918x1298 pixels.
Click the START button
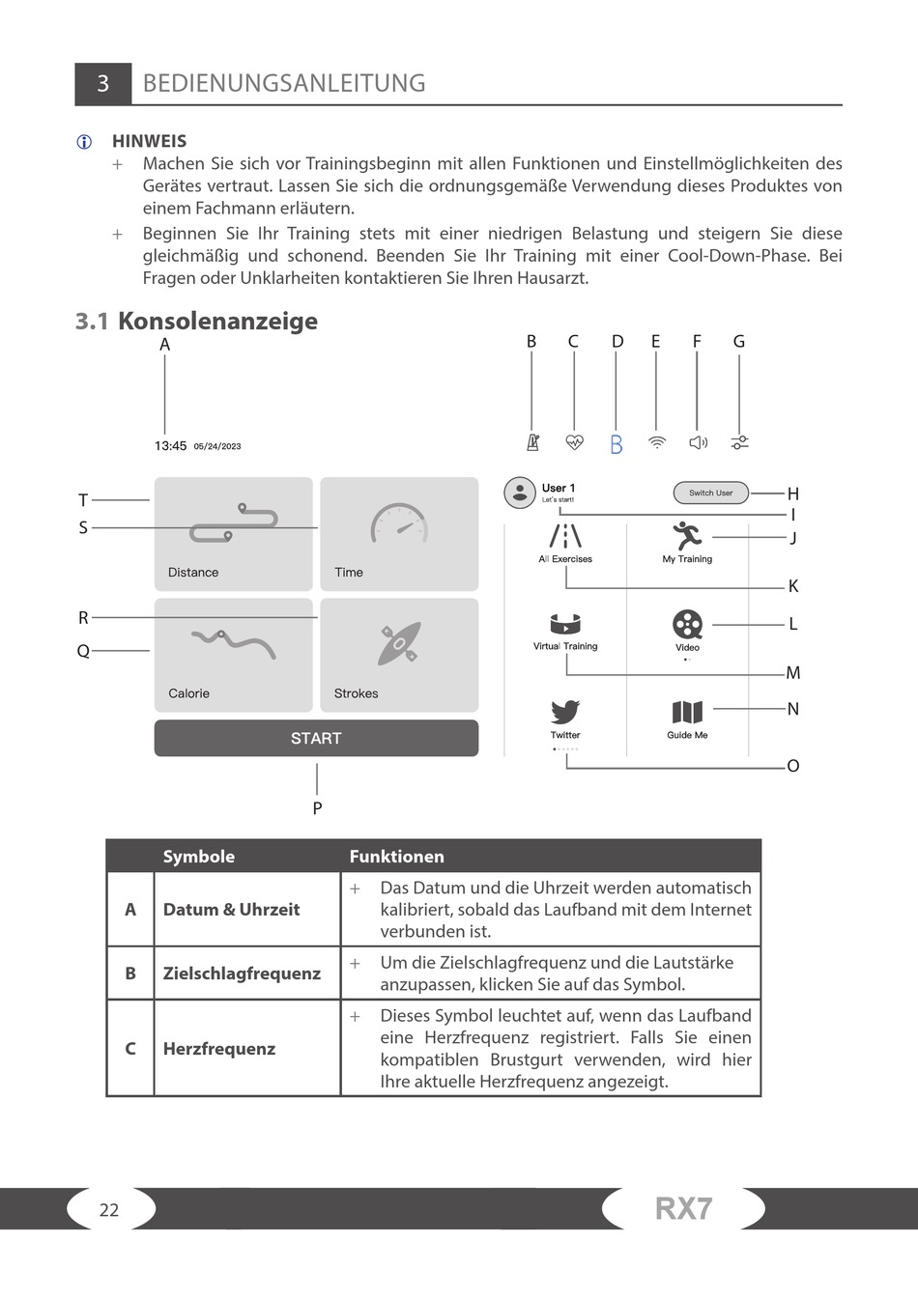(316, 738)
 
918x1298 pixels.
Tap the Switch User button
(710, 493)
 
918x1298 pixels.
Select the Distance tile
(233, 533)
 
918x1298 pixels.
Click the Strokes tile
(399, 655)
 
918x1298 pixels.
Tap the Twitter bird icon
(565, 712)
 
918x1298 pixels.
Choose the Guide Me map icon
(687, 713)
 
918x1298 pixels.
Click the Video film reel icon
(687, 624)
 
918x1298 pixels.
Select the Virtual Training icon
(565, 624)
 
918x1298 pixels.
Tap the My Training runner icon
(687, 535)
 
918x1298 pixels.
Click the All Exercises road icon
(565, 536)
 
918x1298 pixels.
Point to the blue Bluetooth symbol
(616, 444)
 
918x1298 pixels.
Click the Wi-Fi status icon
(657, 442)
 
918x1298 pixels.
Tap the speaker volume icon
(698, 442)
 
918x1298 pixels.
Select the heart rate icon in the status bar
(574, 442)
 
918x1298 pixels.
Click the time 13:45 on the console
(170, 446)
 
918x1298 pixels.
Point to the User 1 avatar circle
(520, 493)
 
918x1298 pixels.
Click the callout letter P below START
(317, 808)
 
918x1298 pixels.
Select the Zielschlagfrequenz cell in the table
(242, 973)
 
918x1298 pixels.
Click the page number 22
(109, 1210)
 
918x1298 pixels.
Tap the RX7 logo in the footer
(683, 1208)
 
